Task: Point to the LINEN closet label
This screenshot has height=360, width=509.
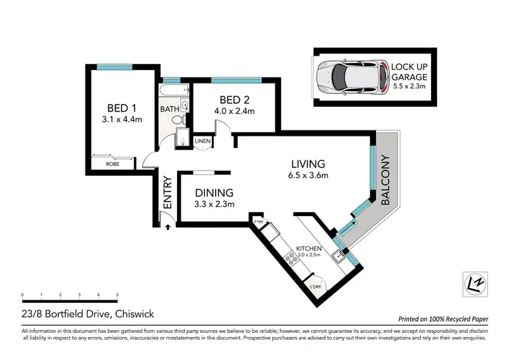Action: pos(202,141)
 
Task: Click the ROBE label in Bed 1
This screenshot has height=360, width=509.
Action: pos(113,164)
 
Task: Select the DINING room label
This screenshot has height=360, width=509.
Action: pos(214,192)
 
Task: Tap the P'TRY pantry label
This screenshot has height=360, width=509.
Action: pos(259,222)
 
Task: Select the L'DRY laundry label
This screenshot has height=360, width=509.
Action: pos(316,287)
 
